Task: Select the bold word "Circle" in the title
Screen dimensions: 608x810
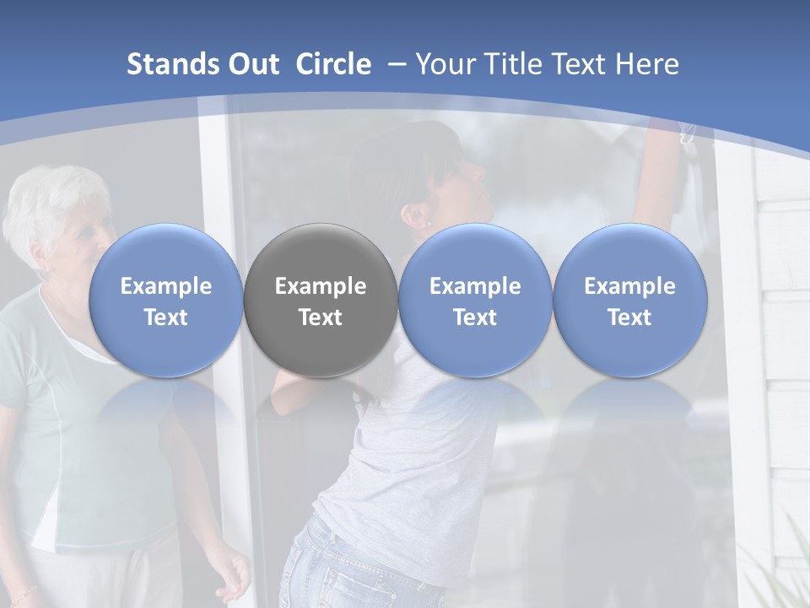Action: pos(333,64)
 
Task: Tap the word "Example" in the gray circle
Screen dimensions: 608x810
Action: pos(321,286)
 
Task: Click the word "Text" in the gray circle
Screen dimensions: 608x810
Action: pos(321,318)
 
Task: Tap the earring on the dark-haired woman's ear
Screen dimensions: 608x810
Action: pos(429,224)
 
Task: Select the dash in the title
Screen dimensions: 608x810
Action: pos(393,64)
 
